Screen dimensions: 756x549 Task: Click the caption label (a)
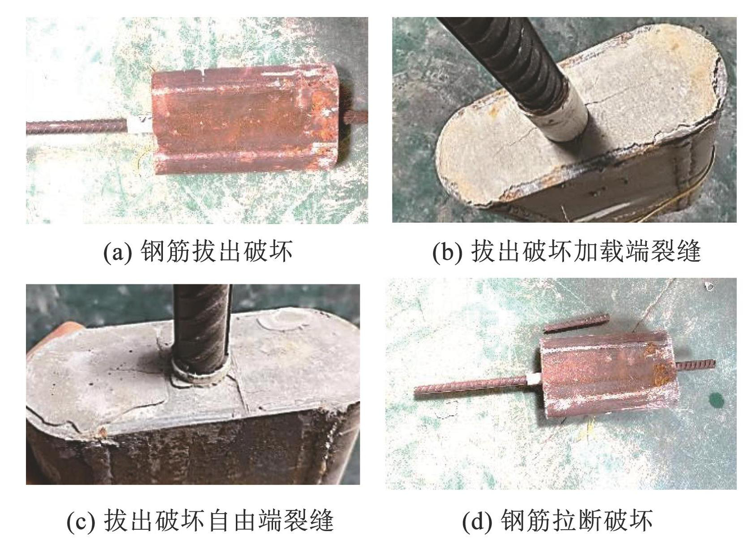117,252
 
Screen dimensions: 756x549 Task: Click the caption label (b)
447,252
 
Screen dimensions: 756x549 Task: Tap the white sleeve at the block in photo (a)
140,125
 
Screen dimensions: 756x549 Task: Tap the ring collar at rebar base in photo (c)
200,375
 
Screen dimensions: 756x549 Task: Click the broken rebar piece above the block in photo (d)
577,323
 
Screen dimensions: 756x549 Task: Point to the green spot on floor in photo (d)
716,401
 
